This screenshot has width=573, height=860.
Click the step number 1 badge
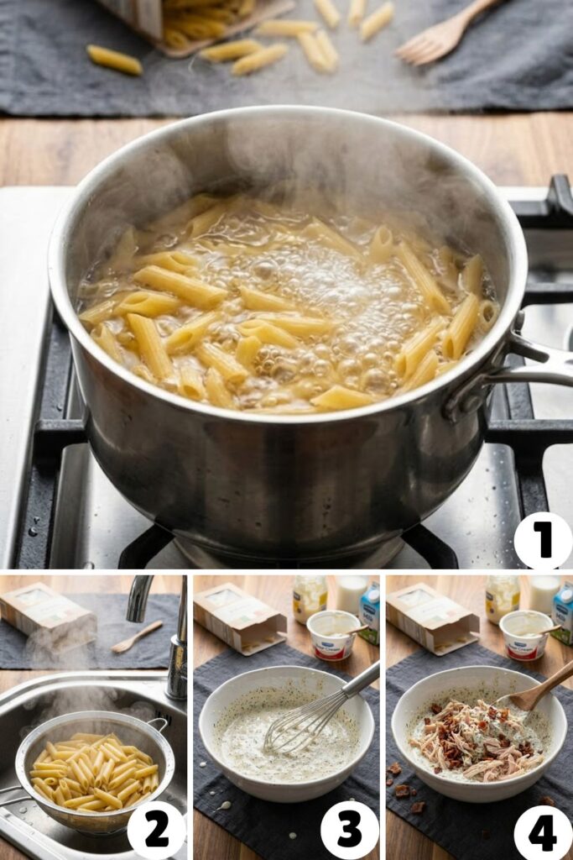[543, 541]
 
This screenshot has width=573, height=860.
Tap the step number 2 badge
[157, 830]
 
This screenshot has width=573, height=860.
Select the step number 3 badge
[350, 830]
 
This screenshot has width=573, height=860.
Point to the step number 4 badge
[543, 830]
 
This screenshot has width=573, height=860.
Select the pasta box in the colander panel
[46, 617]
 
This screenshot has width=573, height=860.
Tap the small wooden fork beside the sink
[137, 636]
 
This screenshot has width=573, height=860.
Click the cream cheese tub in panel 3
[333, 635]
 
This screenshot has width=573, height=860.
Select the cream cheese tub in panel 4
[525, 635]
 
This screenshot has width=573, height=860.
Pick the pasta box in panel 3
[239, 617]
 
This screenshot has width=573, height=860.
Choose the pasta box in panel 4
[431, 617]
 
